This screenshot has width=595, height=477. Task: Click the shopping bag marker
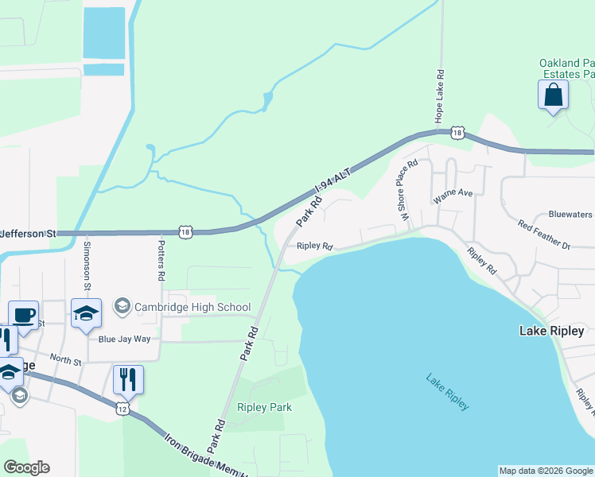tap(553, 96)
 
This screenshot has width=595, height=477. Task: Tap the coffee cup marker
tap(23, 315)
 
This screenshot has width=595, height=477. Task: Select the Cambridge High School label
tap(192, 307)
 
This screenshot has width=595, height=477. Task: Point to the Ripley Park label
tap(264, 407)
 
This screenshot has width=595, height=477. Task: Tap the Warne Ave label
tap(453, 192)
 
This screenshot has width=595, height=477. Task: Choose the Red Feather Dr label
tap(544, 236)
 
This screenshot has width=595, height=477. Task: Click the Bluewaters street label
tap(571, 215)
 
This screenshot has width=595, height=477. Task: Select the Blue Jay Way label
tap(124, 339)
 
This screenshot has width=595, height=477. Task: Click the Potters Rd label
tap(161, 260)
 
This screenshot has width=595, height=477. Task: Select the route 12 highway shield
tap(122, 408)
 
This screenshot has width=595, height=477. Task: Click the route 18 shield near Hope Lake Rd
tap(456, 133)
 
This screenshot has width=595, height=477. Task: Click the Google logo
tap(26, 467)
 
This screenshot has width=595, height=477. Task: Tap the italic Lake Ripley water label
tap(447, 392)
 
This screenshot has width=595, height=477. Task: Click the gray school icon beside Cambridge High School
tap(122, 306)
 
